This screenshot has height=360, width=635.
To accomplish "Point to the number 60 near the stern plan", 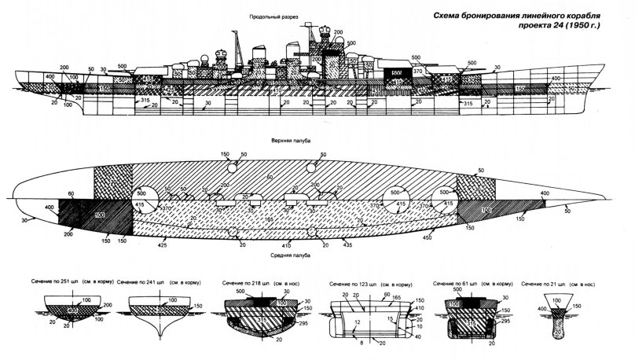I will tap(71, 193).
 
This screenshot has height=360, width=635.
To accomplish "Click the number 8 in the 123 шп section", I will tap(362, 343).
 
